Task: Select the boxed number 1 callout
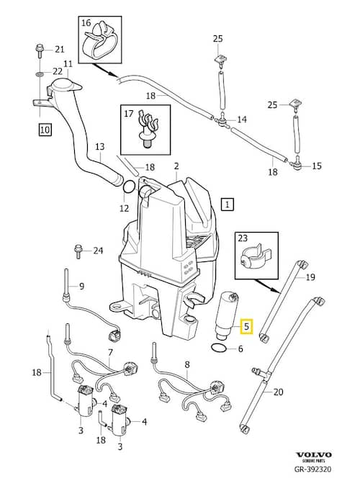click(228, 204)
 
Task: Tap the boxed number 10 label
click(45, 130)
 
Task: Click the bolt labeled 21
click(39, 50)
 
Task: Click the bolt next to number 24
click(77, 251)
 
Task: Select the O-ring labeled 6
click(219, 349)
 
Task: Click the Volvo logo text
click(315, 454)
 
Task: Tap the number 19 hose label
click(311, 277)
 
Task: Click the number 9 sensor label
click(81, 286)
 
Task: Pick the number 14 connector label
click(241, 120)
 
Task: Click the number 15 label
click(317, 166)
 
